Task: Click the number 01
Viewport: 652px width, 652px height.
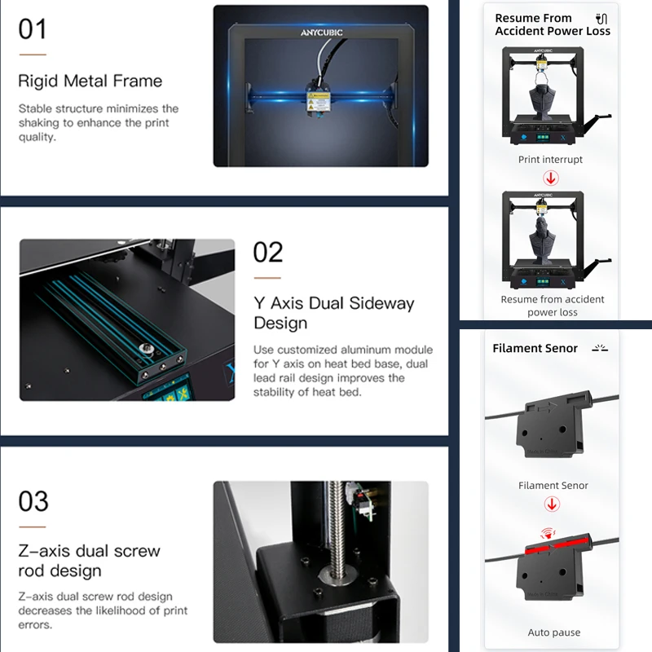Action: pyautogui.click(x=33, y=29)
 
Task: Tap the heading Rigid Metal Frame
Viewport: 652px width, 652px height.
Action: pyautogui.click(x=90, y=81)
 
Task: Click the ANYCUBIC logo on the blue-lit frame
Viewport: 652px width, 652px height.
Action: pyautogui.click(x=321, y=33)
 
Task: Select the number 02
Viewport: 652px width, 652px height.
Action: pyautogui.click(x=268, y=253)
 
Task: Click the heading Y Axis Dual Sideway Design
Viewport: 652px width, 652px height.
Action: pyautogui.click(x=334, y=313)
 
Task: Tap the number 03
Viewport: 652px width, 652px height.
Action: pyautogui.click(x=33, y=501)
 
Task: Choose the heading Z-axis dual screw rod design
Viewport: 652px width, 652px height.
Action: pyautogui.click(x=90, y=561)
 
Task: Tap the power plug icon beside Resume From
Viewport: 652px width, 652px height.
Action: pyautogui.click(x=601, y=19)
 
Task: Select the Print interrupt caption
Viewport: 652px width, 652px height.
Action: pyautogui.click(x=550, y=159)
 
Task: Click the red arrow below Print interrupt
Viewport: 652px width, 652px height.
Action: pyautogui.click(x=551, y=178)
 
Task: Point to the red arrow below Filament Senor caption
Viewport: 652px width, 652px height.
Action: pyautogui.click(x=552, y=504)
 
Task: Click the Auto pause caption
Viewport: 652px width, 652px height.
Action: pyautogui.click(x=554, y=632)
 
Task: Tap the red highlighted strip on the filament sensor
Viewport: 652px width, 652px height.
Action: pyautogui.click(x=557, y=545)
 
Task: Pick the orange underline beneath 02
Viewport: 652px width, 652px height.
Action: pyautogui.click(x=267, y=278)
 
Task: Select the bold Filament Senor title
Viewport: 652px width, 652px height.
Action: pyautogui.click(x=535, y=348)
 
